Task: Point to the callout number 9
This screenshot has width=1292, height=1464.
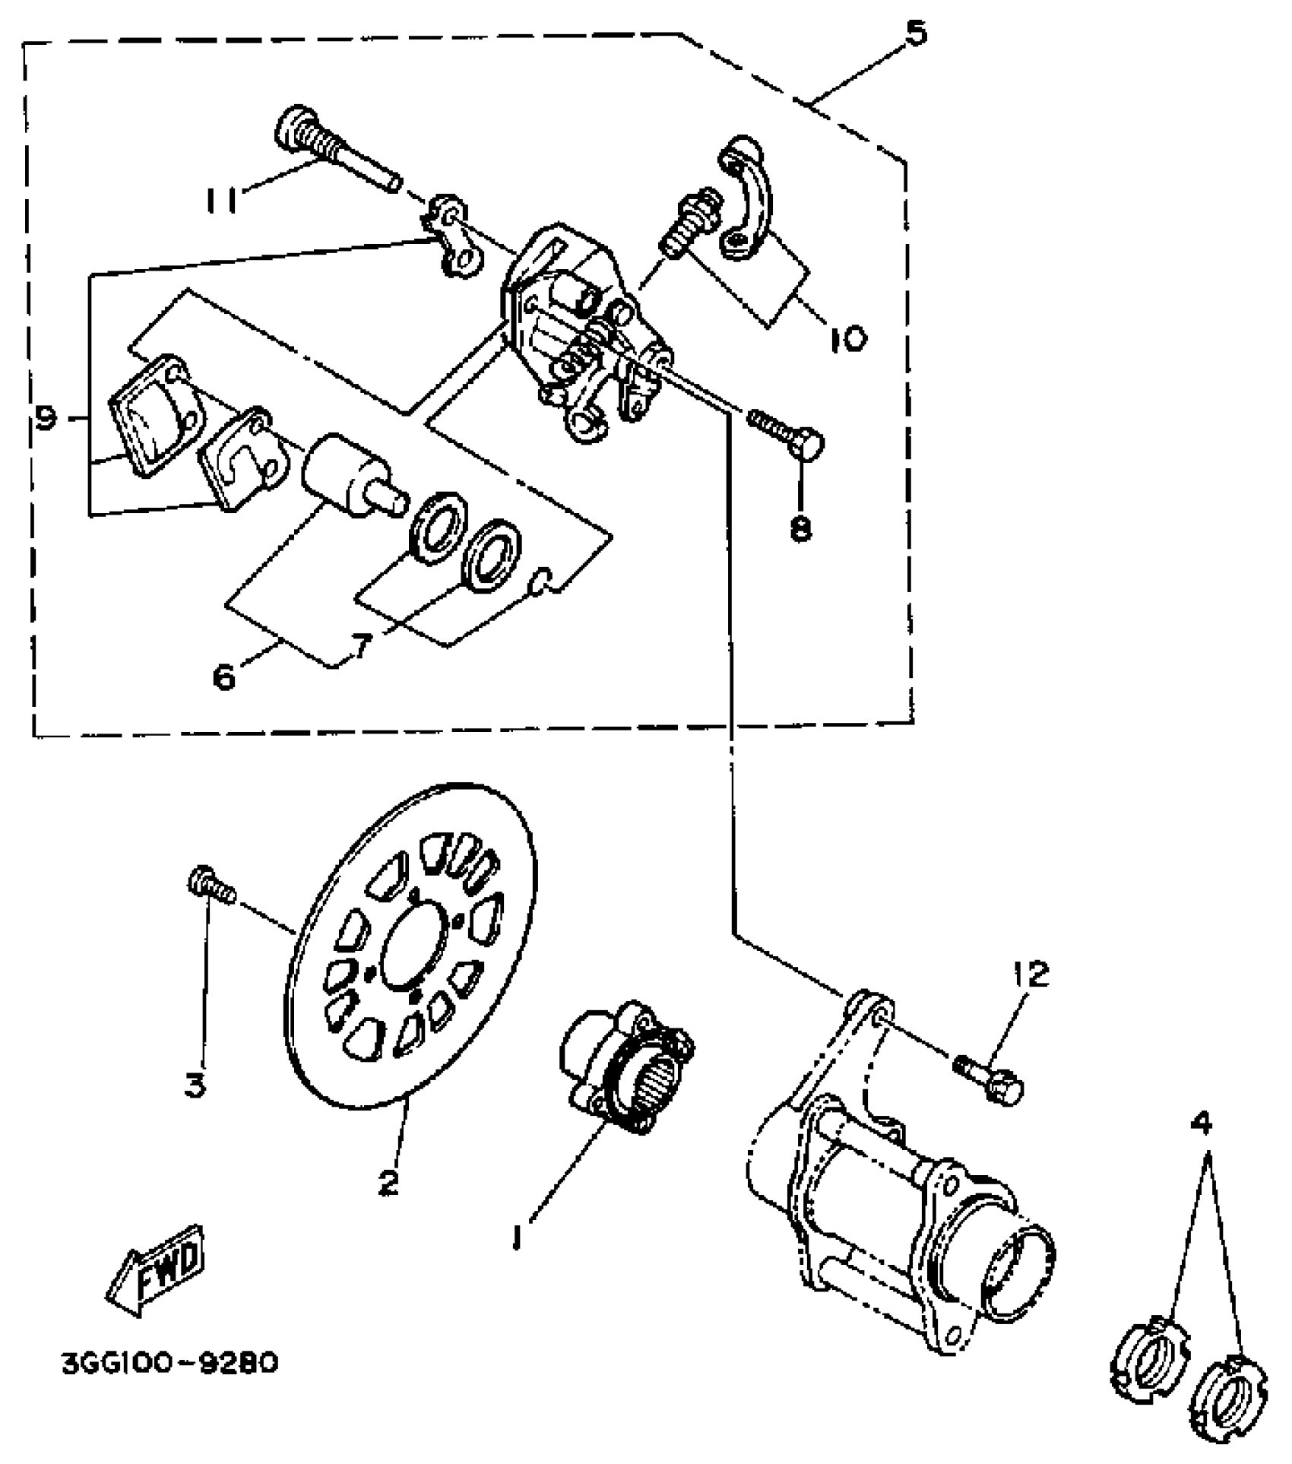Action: (46, 417)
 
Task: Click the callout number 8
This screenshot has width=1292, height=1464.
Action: (801, 528)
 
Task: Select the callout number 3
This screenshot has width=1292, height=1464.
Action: (195, 1086)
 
